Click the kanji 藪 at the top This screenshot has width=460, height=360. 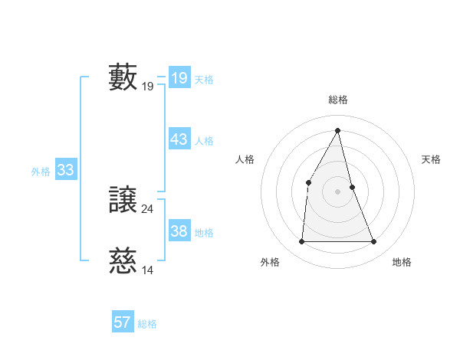(123, 77)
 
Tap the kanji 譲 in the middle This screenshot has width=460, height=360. (123, 201)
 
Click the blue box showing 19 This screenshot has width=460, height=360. (179, 78)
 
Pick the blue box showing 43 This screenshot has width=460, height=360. (179, 139)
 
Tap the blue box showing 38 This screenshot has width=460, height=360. (179, 231)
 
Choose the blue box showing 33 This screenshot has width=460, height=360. (65, 170)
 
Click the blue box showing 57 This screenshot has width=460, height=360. (122, 322)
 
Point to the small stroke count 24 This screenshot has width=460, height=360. (148, 208)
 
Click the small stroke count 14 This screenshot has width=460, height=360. (148, 270)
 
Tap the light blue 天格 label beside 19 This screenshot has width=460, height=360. (204, 80)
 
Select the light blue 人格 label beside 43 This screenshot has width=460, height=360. (204, 141)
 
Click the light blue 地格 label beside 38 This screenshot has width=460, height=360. (204, 233)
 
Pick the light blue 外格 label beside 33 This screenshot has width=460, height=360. (41, 172)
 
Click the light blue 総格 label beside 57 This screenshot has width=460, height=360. (147, 324)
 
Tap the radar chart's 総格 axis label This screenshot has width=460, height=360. (337, 100)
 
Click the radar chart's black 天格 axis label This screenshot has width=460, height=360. (432, 159)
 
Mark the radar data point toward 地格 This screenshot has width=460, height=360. (374, 242)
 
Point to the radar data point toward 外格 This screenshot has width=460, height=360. (301, 242)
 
